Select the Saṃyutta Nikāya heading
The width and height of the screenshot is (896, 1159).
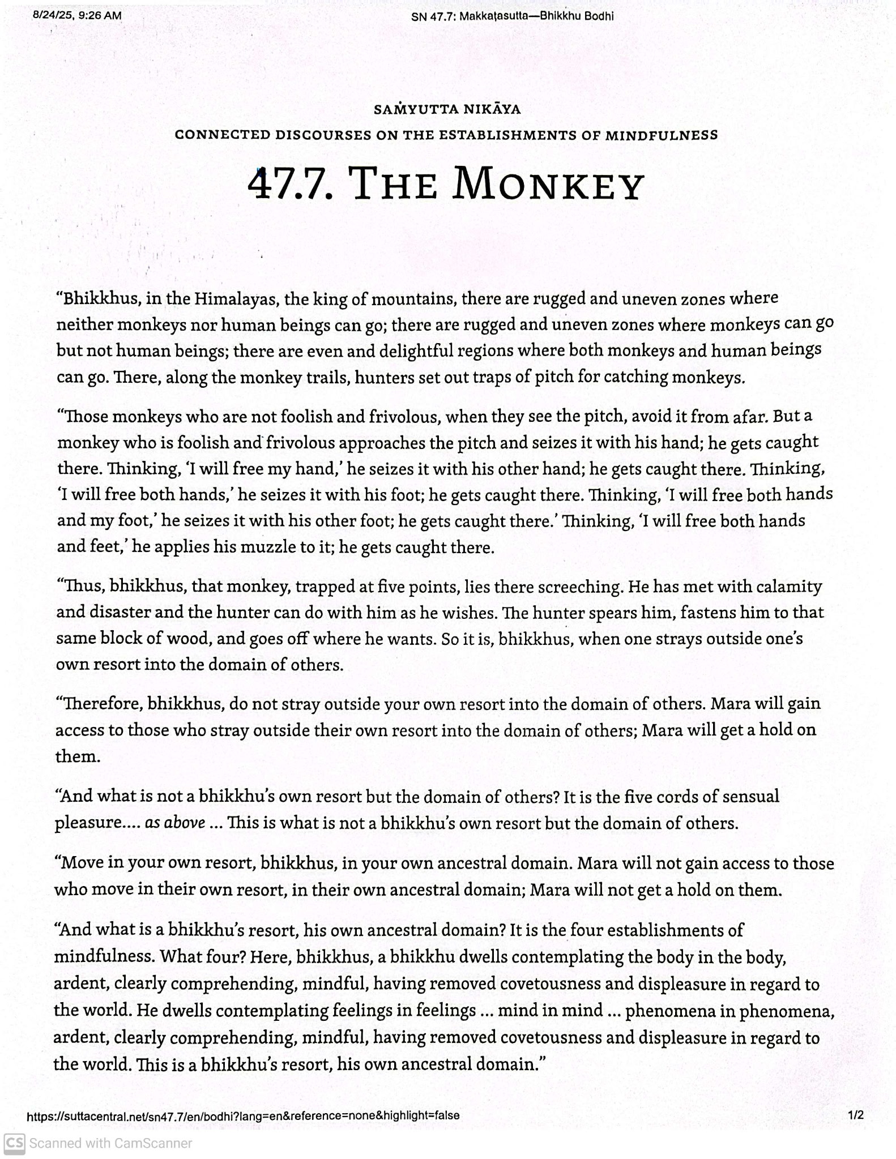[447, 109]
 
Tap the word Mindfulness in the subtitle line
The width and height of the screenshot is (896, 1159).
[662, 135]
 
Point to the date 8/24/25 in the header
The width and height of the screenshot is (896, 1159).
[53, 16]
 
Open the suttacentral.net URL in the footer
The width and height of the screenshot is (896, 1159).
[243, 1115]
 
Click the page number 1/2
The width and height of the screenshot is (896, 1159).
[856, 1115]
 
